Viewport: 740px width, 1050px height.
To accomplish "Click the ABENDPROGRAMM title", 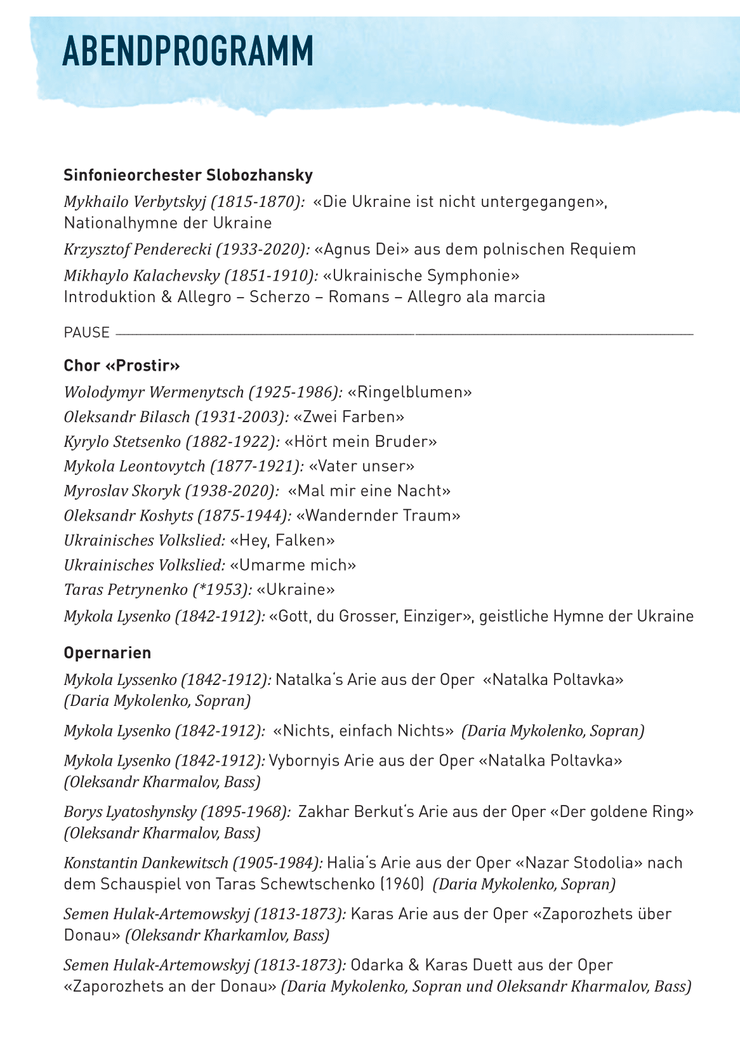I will point(188,51).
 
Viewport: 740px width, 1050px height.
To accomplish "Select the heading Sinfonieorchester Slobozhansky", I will point(188,175).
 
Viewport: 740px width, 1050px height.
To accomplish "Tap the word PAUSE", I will point(86,333).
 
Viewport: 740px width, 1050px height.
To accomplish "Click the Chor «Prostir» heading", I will point(122,366).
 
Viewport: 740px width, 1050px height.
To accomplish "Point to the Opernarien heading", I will point(107,653).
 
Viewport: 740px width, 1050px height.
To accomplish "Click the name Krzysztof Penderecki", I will point(137,249).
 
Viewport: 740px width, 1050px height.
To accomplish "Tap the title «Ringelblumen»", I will point(410,392).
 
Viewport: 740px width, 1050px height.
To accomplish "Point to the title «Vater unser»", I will point(361,466).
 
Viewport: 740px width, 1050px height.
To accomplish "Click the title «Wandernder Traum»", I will point(378,515).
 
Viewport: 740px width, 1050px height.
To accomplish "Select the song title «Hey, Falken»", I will point(282,540).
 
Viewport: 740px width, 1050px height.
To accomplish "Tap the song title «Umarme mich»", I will point(293,565).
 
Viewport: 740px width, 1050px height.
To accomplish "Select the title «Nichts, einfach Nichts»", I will point(363,731).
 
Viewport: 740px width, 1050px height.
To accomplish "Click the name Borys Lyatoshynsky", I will point(129,812).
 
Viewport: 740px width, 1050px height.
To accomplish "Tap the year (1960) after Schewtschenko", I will point(404,884).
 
